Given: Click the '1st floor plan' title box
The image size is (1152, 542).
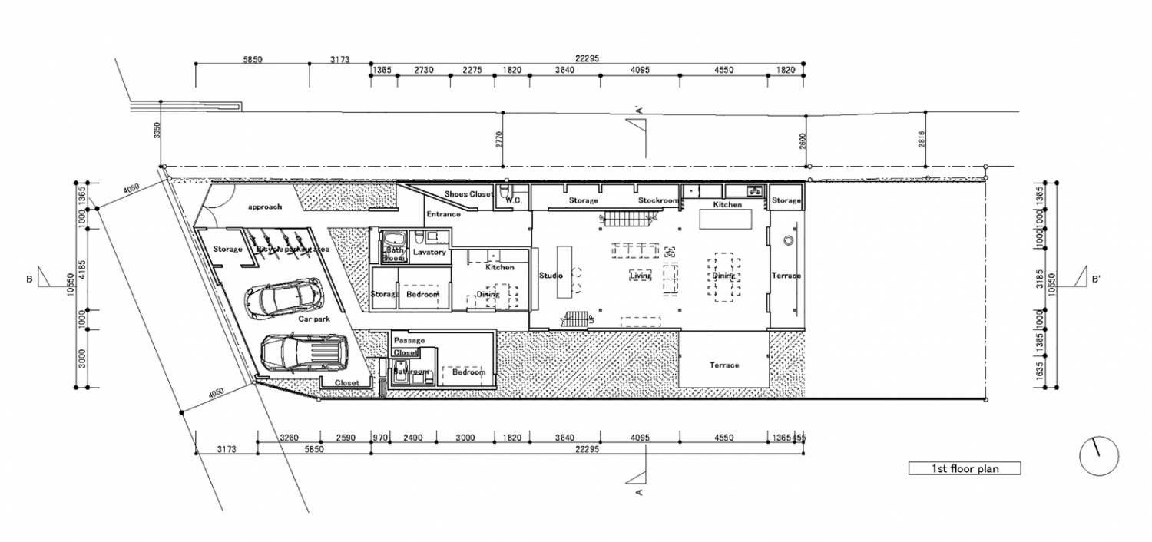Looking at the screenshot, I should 965,468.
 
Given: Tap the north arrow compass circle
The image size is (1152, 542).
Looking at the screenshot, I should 1098,457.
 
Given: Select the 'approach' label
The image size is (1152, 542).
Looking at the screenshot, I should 264,207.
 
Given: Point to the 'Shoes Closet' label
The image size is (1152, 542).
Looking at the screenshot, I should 468,194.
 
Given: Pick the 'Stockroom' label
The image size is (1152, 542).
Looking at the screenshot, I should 659,200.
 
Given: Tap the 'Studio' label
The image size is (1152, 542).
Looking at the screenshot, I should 551,276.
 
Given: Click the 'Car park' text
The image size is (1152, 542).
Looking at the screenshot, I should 314,318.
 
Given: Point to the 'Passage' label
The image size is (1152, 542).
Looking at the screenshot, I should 409,340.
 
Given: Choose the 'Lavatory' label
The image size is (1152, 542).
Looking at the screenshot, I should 429,252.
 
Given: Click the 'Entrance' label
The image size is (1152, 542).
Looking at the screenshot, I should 444,214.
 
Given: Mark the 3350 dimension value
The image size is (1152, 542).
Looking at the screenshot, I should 157,129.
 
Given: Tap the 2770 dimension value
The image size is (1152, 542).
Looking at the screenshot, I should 498,139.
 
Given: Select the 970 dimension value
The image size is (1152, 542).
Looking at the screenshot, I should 380,438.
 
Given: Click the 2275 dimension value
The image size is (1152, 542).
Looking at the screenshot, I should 472,70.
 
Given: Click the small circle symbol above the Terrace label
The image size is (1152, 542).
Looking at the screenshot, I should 787,241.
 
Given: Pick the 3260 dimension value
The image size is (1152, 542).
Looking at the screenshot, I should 289,438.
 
